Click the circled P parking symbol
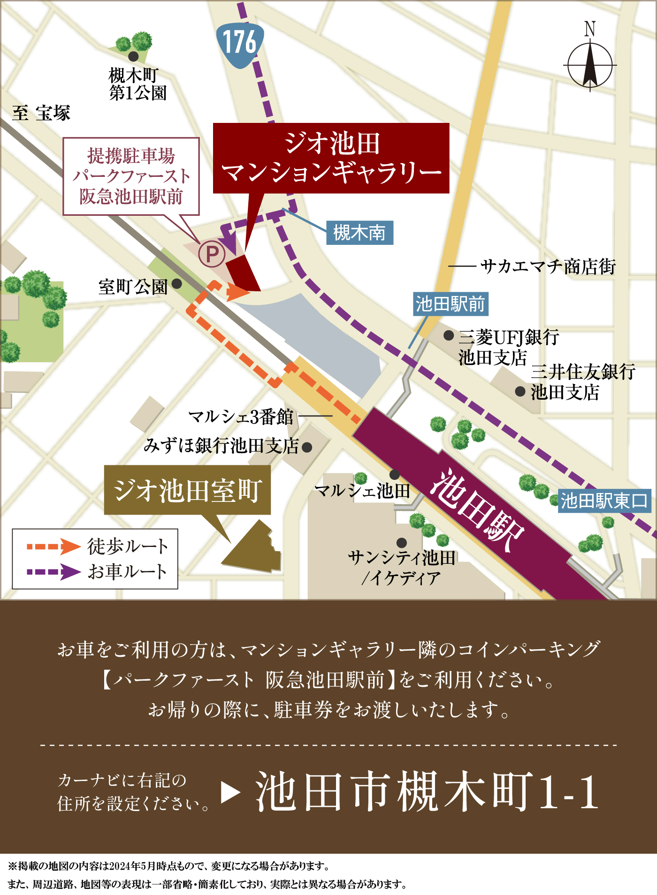pyautogui.click(x=212, y=254)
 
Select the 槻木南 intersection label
pyautogui.click(x=359, y=233)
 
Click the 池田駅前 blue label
pyautogui.click(x=450, y=304)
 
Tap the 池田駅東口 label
pyautogui.click(x=604, y=501)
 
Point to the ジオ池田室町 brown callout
pyautogui.click(x=187, y=490)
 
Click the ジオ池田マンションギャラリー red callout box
pyautogui.click(x=331, y=158)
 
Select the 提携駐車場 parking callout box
pyautogui.click(x=131, y=176)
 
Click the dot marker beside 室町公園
pyautogui.click(x=177, y=284)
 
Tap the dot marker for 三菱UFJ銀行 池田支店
pyautogui.click(x=449, y=335)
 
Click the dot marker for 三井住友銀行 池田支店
pyautogui.click(x=520, y=391)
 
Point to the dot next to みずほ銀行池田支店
pyautogui.click(x=307, y=447)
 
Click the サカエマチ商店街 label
pyautogui.click(x=548, y=266)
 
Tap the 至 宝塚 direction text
pyautogui.click(x=41, y=113)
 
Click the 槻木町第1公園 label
pyautogui.click(x=138, y=84)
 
